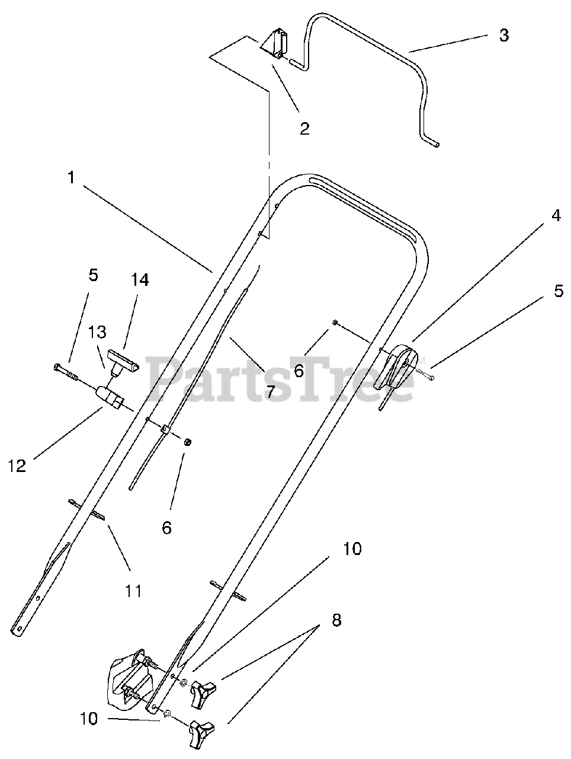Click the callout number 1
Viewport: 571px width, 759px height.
pyautogui.click(x=71, y=177)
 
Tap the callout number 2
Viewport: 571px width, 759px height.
pyautogui.click(x=304, y=128)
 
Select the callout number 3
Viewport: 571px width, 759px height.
pyautogui.click(x=503, y=35)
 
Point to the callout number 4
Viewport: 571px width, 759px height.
pyautogui.click(x=555, y=216)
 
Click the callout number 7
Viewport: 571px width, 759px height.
pyautogui.click(x=270, y=391)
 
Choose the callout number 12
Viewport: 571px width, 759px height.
pyautogui.click(x=18, y=466)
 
